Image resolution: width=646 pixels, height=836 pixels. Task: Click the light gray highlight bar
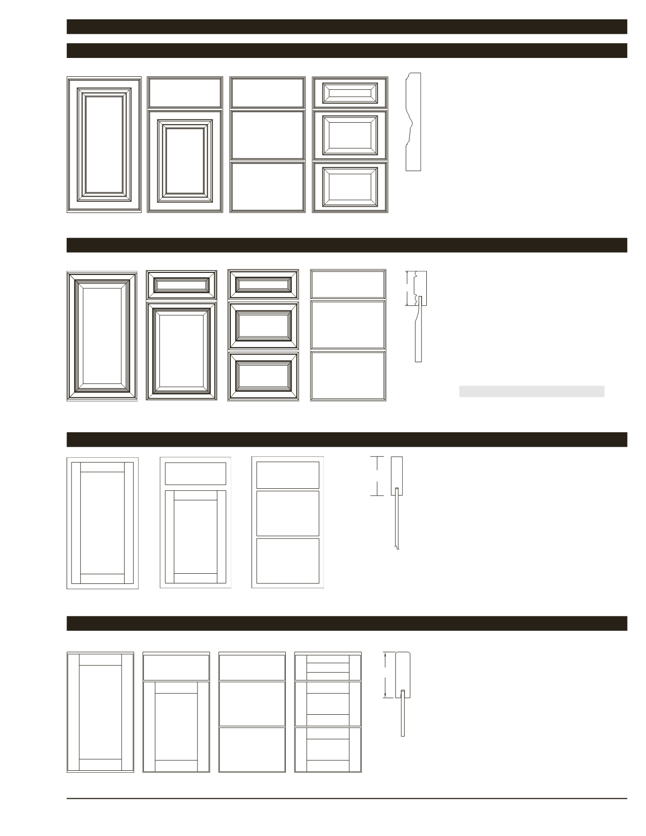531,391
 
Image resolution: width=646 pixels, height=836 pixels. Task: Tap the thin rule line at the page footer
347,798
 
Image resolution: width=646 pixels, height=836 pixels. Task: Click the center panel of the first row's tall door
104,144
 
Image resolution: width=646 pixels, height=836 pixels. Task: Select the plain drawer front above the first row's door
184,93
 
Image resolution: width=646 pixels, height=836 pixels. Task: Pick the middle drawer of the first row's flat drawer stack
267,135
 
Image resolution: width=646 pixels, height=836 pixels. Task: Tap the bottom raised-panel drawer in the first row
350,187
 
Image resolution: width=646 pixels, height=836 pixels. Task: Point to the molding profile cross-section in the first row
413,122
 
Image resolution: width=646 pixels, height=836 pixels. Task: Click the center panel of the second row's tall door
101,336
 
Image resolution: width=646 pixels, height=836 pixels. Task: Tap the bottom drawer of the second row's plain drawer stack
348,375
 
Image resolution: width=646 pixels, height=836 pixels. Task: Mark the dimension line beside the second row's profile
407,288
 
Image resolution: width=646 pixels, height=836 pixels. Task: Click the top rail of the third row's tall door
102,467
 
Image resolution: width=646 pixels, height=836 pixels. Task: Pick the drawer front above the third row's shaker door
196,473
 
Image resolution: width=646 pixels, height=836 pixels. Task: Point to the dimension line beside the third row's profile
377,476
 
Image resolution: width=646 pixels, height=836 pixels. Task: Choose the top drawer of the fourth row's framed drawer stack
328,667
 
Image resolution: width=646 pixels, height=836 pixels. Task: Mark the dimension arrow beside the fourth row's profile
385,675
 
